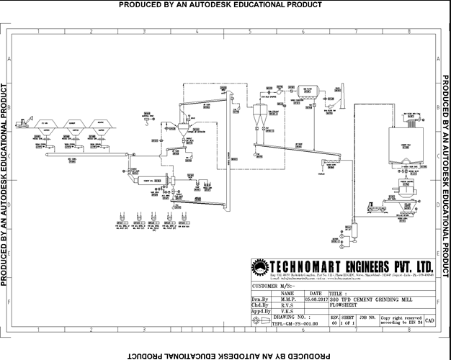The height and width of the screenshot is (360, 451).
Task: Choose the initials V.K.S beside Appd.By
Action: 287,311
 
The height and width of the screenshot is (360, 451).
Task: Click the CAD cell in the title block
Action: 430,320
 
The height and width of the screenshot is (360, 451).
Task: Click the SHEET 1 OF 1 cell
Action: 347,320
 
